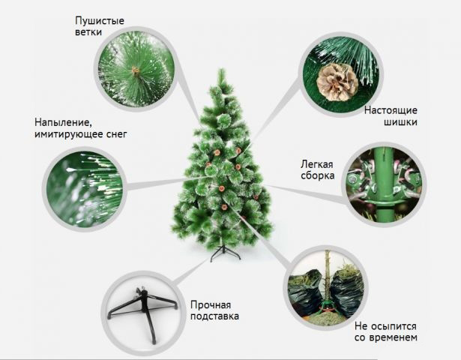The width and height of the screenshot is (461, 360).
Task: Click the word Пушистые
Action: click(100, 21)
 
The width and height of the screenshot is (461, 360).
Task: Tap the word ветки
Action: click(88, 31)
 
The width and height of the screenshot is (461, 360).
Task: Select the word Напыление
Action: click(61, 123)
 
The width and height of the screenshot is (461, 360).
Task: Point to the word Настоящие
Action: click(391, 110)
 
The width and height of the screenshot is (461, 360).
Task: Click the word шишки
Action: click(400, 122)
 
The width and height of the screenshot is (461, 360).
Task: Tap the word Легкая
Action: click(316, 164)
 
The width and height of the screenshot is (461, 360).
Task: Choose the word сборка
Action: click(318, 175)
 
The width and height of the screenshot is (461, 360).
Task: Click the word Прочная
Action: click(211, 305)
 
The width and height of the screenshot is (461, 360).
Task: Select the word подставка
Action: click(214, 316)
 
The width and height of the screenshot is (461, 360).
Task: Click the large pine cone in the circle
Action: click(337, 82)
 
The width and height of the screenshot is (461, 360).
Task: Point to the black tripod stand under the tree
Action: click(225, 253)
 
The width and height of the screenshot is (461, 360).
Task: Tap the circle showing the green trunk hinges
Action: click(385, 184)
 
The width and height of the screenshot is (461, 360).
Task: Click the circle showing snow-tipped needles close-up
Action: click(85, 189)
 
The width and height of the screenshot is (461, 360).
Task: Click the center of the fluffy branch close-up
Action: click(136, 70)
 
